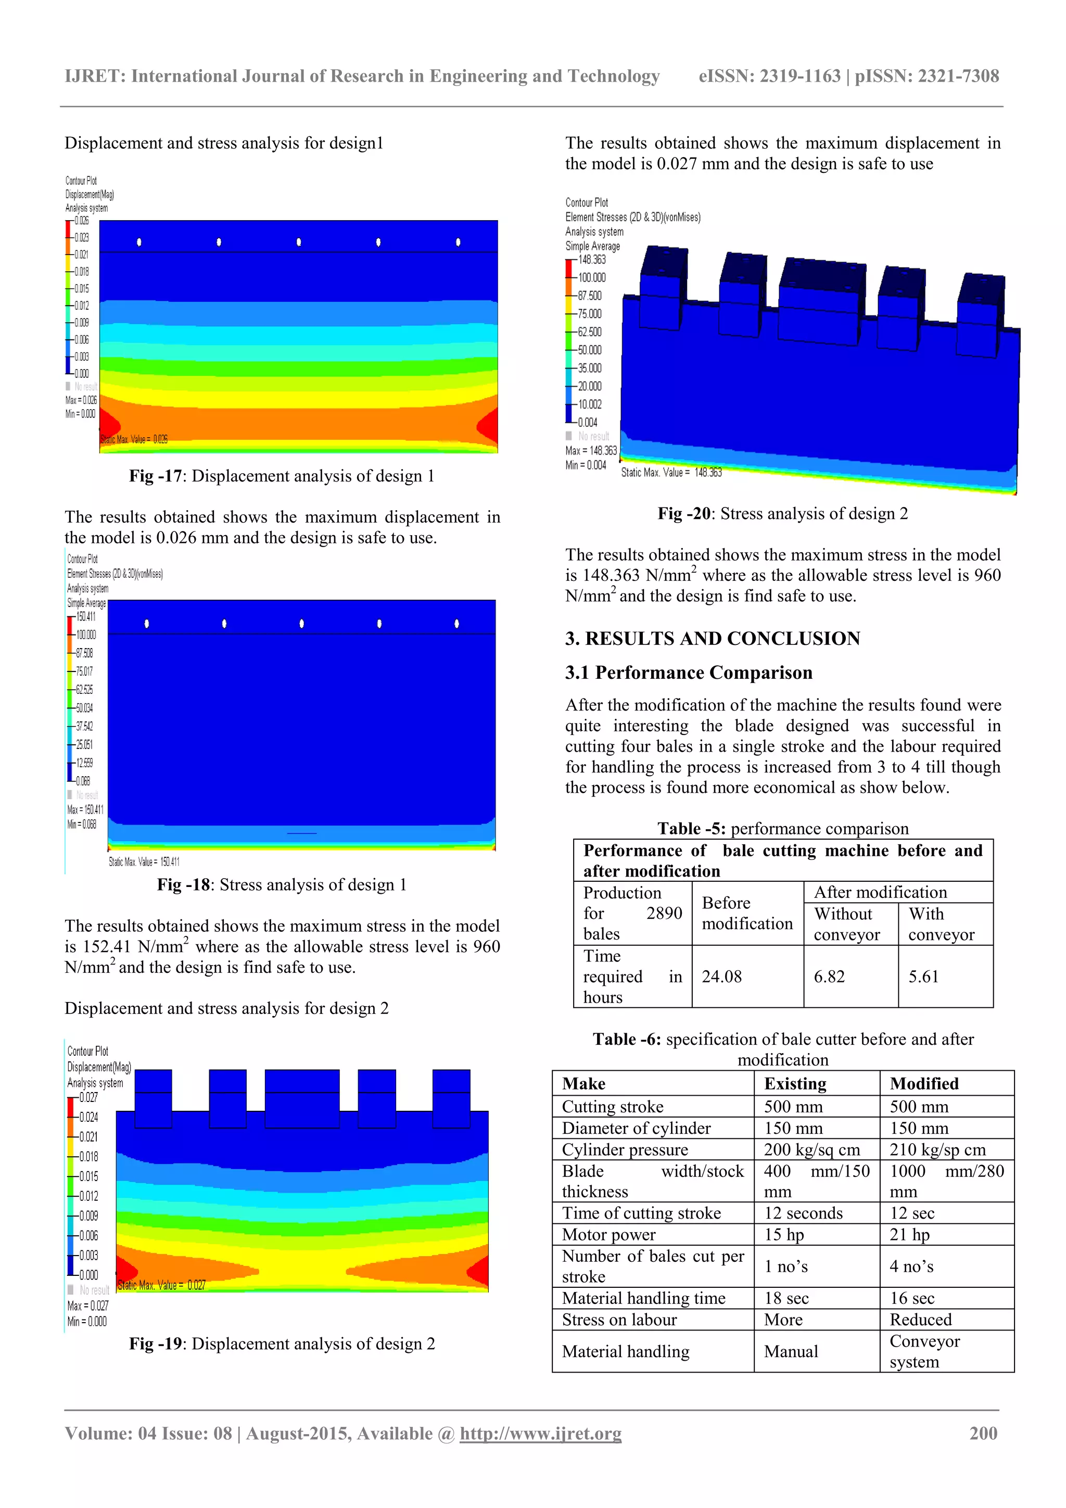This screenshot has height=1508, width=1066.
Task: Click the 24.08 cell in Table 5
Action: click(721, 977)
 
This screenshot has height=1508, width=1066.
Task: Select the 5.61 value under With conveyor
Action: click(923, 977)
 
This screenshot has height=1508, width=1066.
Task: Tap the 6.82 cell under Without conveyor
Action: click(829, 977)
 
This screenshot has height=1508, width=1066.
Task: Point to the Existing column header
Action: click(795, 1084)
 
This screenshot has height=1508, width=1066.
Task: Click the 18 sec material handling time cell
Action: click(786, 1298)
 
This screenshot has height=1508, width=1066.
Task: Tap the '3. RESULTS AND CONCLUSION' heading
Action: click(713, 638)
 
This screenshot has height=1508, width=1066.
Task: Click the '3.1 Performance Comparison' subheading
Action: click(688, 673)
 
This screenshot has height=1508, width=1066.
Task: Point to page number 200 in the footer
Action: click(983, 1433)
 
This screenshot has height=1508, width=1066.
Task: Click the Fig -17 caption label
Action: click(155, 476)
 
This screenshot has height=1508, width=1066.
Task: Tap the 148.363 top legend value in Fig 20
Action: click(592, 259)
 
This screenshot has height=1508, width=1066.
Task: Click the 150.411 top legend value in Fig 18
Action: click(86, 616)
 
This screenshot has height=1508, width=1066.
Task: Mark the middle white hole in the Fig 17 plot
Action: click(299, 242)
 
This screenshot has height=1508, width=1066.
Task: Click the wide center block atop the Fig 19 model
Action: click(302, 1097)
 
